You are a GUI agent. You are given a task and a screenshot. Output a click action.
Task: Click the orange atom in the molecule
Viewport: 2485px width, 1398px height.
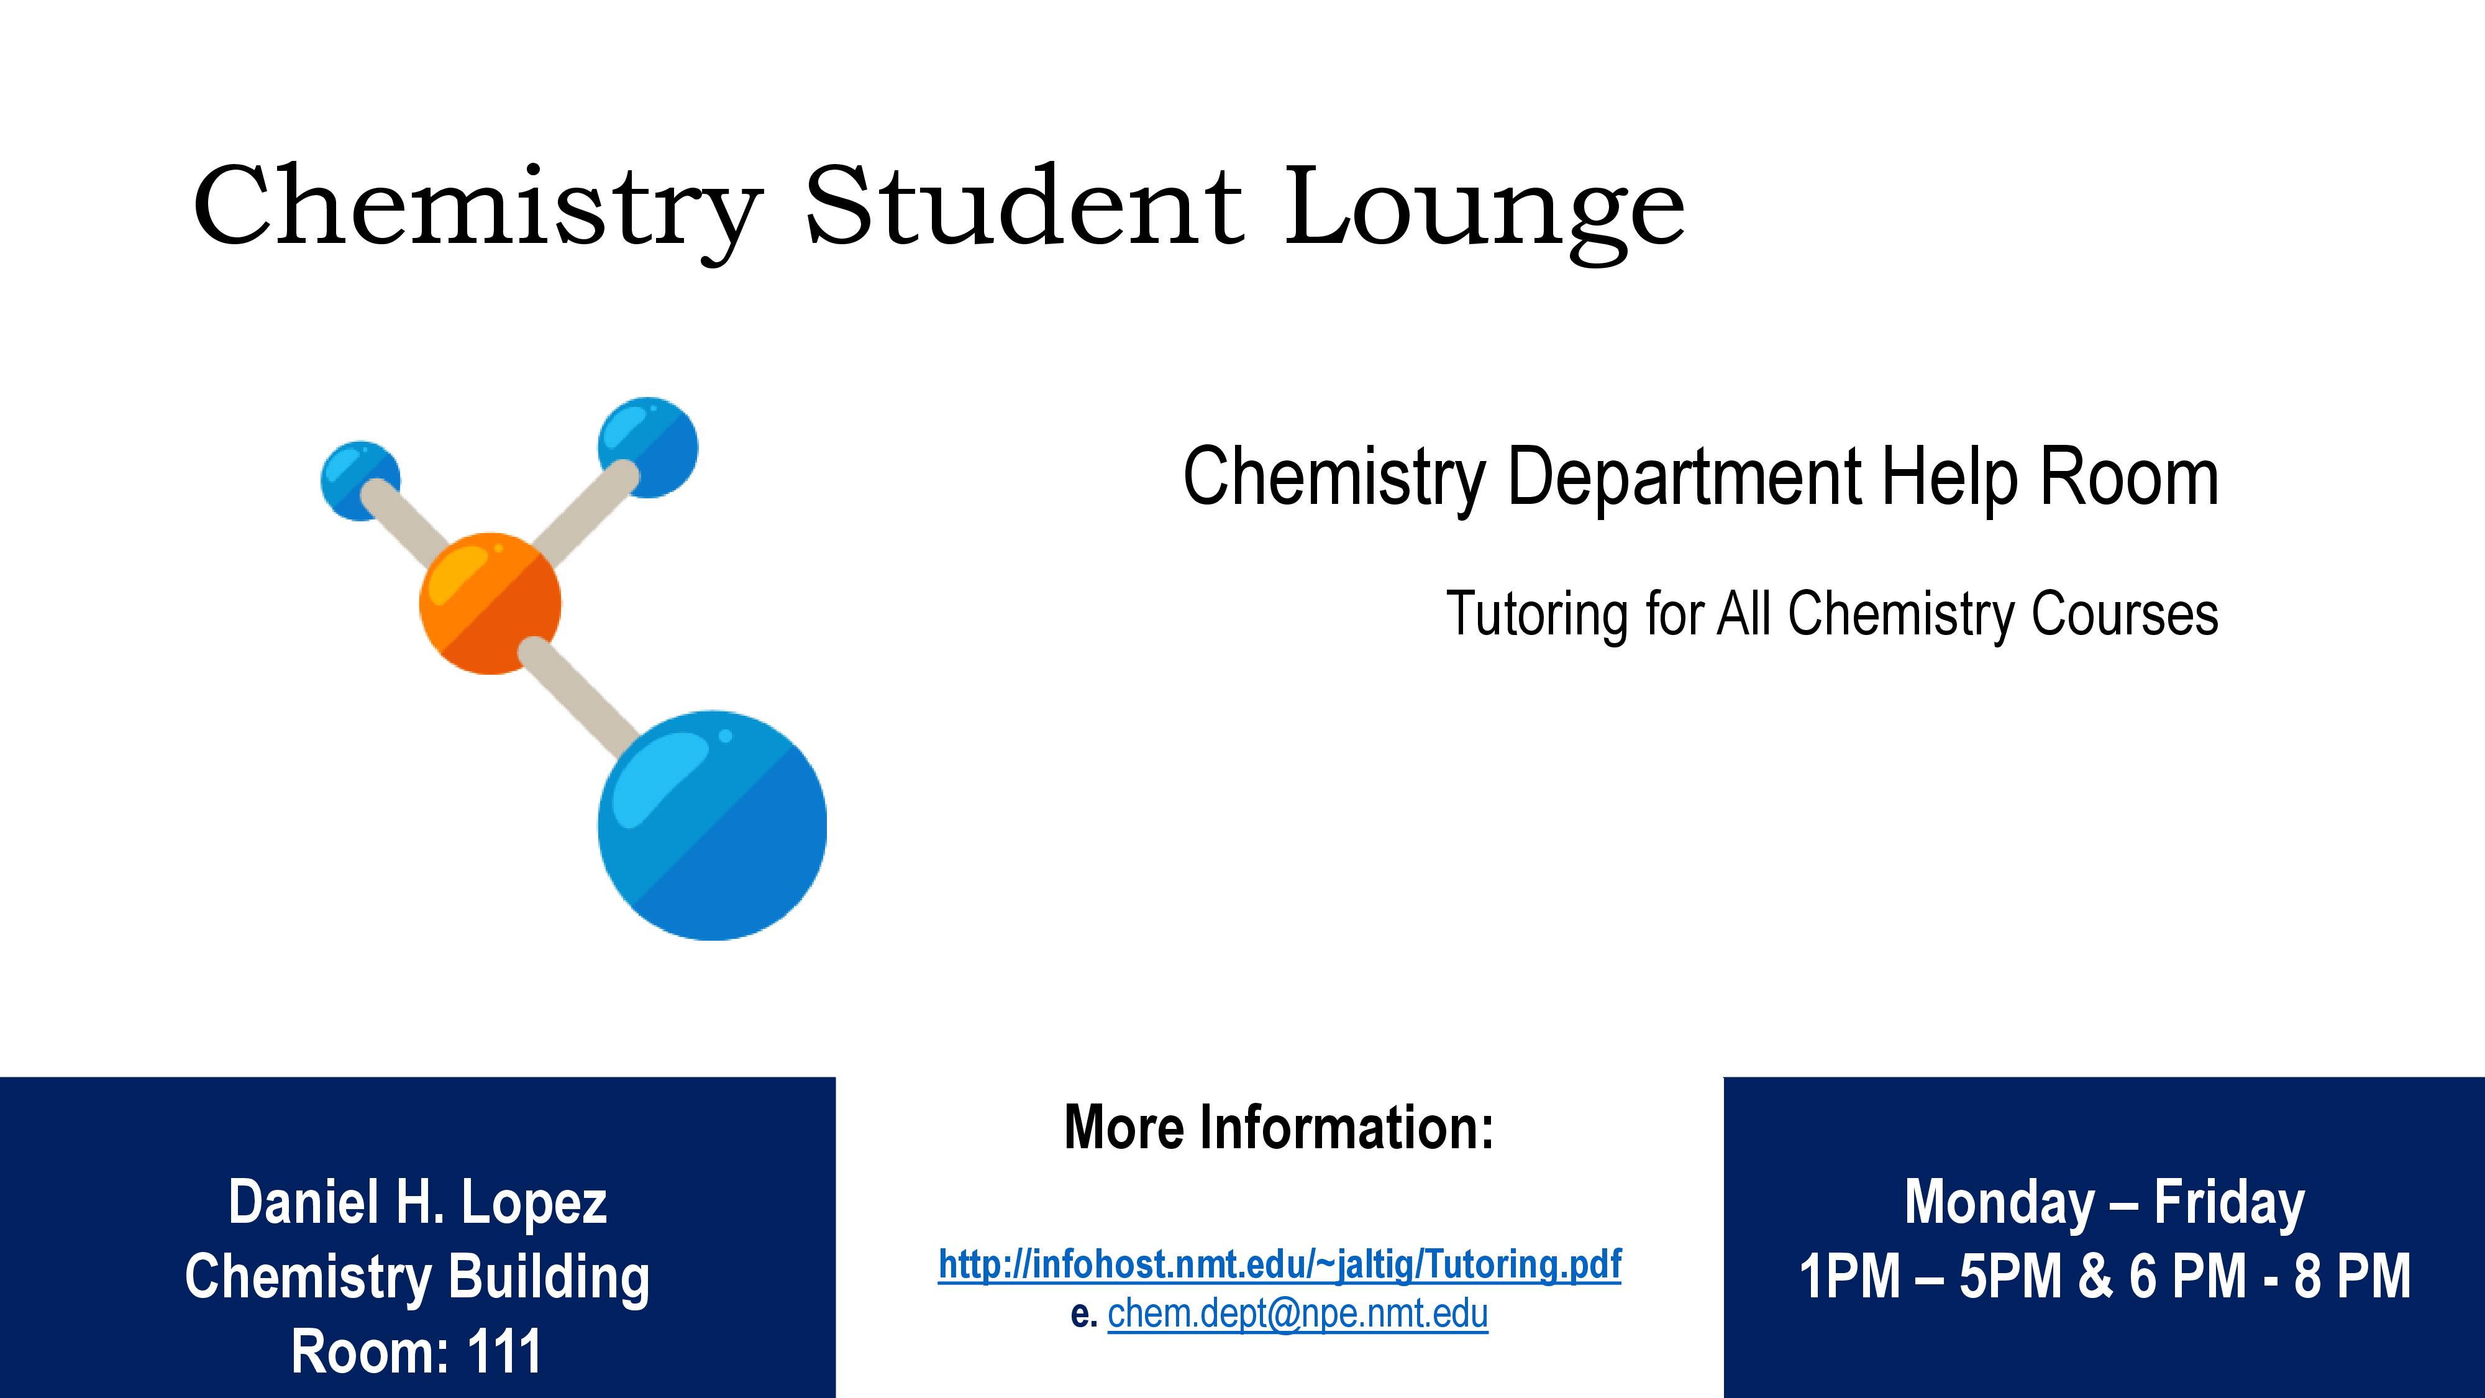pyautogui.click(x=490, y=603)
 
